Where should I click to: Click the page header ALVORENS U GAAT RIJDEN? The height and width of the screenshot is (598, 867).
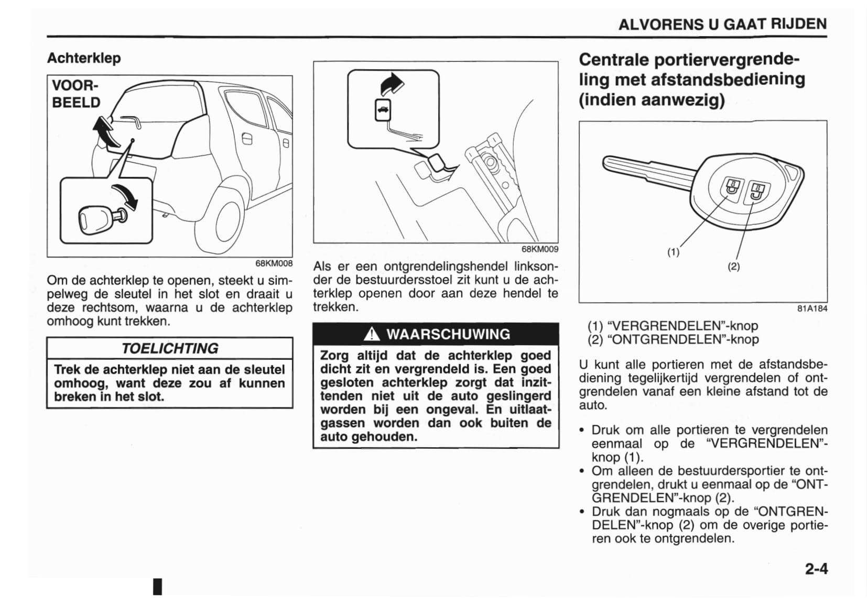coord(722,24)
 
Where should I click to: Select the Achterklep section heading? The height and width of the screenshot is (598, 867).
coord(84,58)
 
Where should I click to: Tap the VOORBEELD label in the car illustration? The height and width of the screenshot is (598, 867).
coord(76,94)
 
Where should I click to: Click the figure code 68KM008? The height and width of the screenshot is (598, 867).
coord(274,263)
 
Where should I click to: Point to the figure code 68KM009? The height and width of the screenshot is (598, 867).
coord(539,249)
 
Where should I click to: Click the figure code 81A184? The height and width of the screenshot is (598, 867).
coord(812,308)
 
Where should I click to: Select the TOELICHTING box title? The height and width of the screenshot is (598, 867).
coord(170,348)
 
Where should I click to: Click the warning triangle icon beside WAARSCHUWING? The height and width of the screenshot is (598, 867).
coord(372,334)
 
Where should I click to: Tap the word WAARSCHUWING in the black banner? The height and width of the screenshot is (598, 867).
coord(448,334)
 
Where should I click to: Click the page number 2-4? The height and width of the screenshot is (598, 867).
coord(816,568)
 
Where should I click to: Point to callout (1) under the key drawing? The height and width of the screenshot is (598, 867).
coord(673,252)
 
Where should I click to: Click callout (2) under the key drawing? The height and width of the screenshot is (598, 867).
coord(733,266)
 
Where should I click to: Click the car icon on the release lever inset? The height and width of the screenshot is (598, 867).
coord(383,110)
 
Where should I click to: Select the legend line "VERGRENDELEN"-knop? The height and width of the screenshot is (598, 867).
coord(673,326)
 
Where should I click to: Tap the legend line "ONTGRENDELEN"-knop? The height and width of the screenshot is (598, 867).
coord(673,339)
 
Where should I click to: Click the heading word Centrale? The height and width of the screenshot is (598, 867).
coord(613,60)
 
